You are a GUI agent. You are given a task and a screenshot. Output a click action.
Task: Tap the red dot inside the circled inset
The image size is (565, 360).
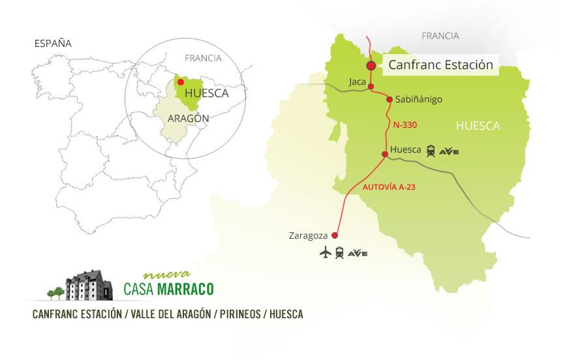point(181,82)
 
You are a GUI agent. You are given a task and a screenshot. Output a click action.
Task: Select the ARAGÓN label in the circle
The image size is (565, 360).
point(189,119)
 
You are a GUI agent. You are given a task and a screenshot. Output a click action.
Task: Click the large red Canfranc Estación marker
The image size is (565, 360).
point(371,65)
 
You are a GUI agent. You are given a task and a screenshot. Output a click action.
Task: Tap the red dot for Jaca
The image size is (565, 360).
point(371,87)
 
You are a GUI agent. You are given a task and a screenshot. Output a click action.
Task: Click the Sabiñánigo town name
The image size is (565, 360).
point(420,100)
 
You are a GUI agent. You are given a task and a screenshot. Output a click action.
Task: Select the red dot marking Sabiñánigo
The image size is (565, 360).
point(389,100)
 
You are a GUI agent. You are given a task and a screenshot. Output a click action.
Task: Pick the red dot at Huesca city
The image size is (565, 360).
point(385,155)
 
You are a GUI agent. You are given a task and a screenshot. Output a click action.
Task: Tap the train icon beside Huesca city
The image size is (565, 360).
point(431,151)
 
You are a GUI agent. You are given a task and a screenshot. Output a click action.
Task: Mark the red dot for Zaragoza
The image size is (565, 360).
point(335,235)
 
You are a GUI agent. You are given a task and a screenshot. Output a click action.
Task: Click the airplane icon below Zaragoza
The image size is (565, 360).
point(324,253)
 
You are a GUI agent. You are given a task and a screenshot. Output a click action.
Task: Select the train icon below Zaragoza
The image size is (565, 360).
point(339,253)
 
